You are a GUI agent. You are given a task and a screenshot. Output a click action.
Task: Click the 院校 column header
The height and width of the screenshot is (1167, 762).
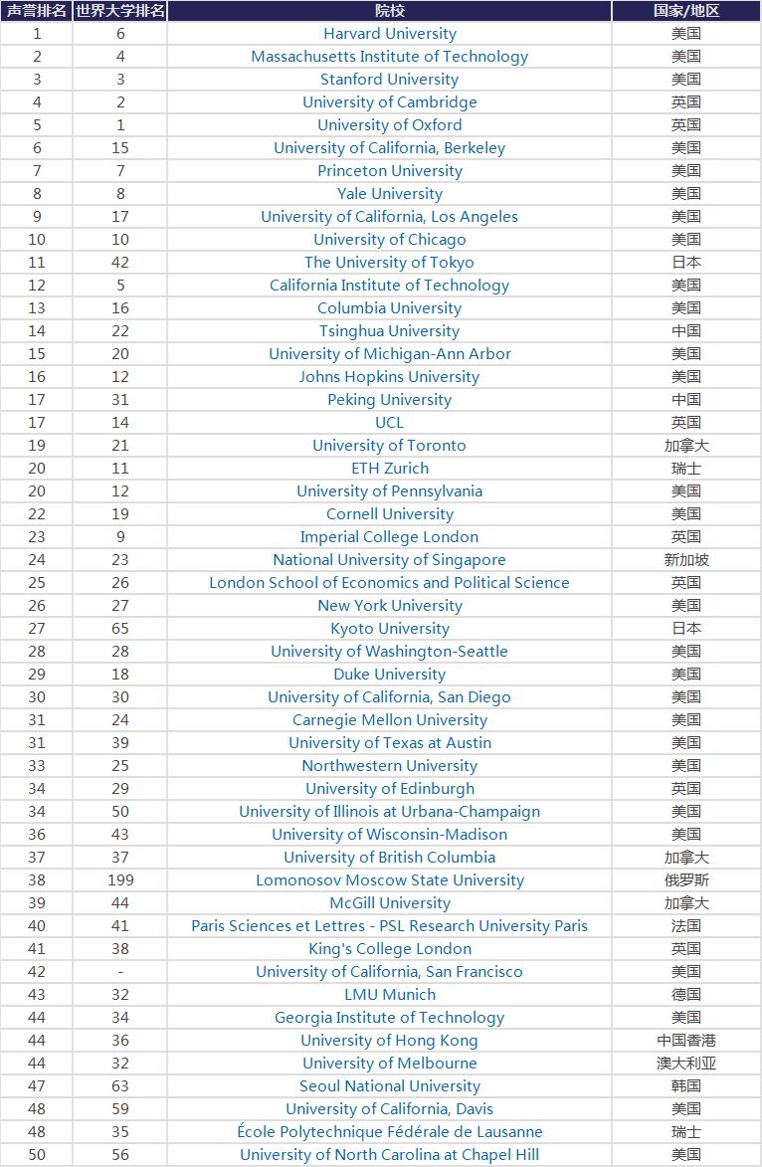(x=389, y=11)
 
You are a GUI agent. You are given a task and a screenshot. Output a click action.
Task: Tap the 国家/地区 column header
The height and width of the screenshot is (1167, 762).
(x=686, y=11)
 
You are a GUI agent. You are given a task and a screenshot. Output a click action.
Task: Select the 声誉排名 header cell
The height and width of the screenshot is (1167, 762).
(x=37, y=11)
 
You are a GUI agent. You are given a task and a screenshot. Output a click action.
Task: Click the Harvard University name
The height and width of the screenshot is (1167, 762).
(x=389, y=34)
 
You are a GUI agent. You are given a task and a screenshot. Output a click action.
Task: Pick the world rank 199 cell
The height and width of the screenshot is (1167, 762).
(x=120, y=880)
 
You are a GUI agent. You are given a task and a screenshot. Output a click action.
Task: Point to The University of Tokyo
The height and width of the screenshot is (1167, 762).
(x=389, y=263)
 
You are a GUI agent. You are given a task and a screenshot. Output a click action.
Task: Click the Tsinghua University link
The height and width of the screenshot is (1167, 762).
(x=389, y=331)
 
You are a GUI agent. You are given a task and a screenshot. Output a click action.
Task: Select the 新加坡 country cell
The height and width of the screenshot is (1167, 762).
(x=686, y=560)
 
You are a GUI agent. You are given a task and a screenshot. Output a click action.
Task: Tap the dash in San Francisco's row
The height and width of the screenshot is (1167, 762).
(x=120, y=972)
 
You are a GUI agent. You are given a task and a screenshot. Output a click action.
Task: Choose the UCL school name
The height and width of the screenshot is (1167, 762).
(x=389, y=423)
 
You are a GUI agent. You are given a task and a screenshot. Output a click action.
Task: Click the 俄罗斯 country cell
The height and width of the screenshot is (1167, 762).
(x=686, y=880)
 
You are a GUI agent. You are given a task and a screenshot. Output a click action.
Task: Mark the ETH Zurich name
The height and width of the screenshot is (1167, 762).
(x=389, y=469)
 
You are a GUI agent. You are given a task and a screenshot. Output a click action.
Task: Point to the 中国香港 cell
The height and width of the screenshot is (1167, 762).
(x=686, y=1041)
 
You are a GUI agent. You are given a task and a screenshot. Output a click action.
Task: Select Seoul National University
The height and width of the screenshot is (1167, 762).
(x=389, y=1086)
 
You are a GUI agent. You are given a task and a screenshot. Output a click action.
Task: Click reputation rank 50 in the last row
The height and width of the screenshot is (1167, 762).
(x=37, y=1155)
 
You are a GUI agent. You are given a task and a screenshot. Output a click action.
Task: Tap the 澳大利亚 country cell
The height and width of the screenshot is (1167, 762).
(x=686, y=1064)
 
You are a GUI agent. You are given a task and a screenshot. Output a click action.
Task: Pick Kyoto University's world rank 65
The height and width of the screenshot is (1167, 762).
(x=120, y=629)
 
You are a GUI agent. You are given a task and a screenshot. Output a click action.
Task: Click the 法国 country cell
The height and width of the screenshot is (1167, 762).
(x=686, y=926)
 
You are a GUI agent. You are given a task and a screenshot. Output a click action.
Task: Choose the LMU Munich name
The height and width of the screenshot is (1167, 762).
(x=389, y=995)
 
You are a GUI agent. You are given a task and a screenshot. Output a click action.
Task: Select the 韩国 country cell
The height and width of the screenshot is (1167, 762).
(x=686, y=1086)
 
